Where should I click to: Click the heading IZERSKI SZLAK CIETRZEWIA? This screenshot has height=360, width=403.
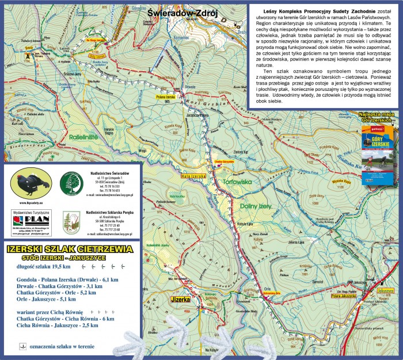coord(68,248)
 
